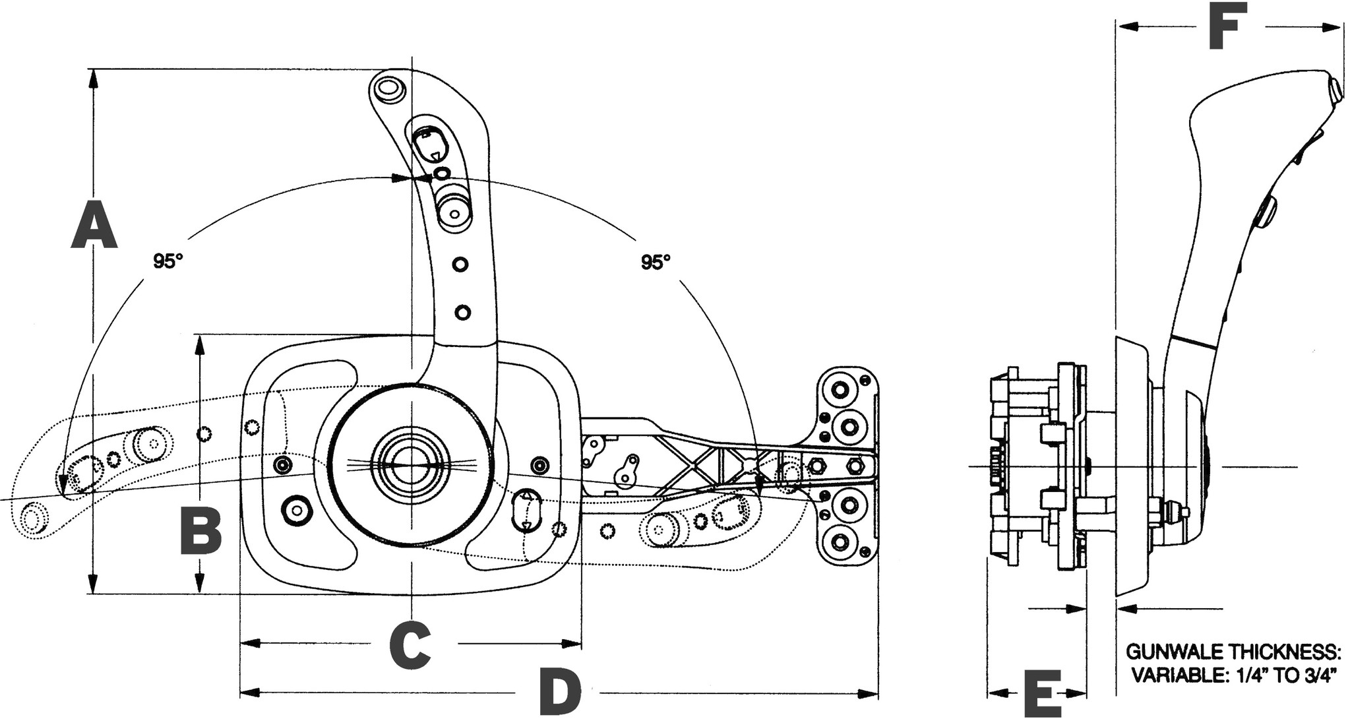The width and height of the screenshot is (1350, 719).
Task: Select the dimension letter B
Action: (200, 530)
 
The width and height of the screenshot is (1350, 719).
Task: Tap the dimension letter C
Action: (410, 644)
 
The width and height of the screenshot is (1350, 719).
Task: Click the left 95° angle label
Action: (168, 261)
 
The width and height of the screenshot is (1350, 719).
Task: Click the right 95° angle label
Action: (656, 262)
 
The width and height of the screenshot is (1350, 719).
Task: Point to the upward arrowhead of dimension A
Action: (94, 79)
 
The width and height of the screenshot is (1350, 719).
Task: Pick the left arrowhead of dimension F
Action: (1126, 25)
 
